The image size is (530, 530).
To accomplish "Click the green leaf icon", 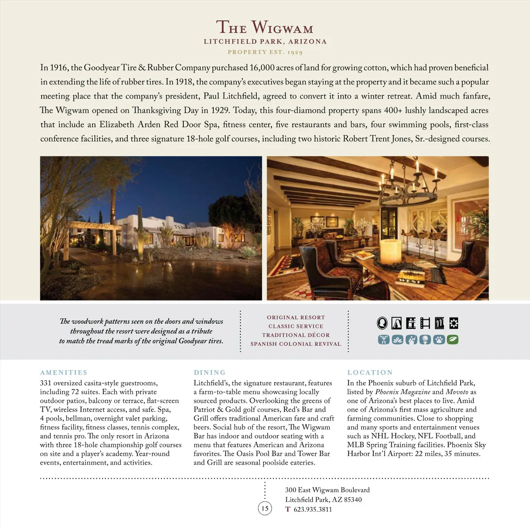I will tap(453, 340).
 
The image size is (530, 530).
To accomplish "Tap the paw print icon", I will tap(439, 340).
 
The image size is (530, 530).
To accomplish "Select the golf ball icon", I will tap(425, 340).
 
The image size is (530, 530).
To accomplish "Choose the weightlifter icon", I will tap(384, 340).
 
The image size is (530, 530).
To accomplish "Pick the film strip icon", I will tap(425, 323).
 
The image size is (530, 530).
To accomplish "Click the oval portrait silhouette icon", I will tap(382, 323).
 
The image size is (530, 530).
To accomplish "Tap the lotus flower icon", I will tap(397, 340).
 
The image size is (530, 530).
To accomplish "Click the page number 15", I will tap(265, 508).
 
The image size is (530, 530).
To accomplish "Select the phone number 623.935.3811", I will tap(313, 509).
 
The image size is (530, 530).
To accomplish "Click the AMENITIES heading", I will tap(64, 372).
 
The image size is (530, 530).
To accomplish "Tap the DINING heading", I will tap(210, 372).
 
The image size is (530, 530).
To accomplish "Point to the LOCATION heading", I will tap(370, 372).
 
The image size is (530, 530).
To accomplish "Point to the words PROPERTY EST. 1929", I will tap(265, 52).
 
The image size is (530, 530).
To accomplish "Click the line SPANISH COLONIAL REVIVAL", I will tap(296, 344).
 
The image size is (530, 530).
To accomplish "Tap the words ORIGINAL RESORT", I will tap(296, 318).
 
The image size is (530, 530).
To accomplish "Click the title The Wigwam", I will tap(265, 28).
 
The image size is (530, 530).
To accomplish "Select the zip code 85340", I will tap(353, 500).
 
